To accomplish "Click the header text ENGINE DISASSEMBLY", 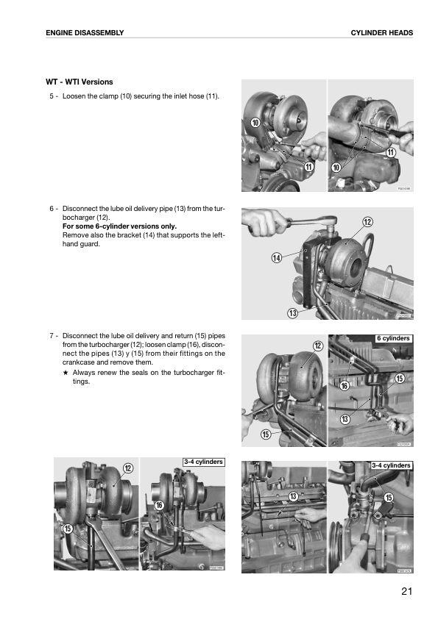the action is click(x=85, y=33).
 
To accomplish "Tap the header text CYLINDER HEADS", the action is click(x=382, y=33).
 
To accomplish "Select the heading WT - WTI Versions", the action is click(x=80, y=82).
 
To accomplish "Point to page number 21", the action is click(x=407, y=591).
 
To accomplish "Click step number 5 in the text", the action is click(x=52, y=96).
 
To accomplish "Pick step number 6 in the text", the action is click(x=52, y=209).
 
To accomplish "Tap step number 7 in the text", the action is click(x=52, y=336).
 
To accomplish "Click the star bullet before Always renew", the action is click(x=66, y=372).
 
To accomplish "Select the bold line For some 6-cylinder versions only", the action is click(x=119, y=226).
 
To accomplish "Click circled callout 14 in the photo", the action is click(x=277, y=258).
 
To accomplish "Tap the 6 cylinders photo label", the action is click(x=393, y=338).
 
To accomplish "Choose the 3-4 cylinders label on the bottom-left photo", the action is click(x=204, y=462).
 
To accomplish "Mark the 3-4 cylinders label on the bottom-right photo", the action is click(x=391, y=465).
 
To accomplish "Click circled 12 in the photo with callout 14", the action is click(x=367, y=222).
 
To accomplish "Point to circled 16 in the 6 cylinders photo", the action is click(x=345, y=386).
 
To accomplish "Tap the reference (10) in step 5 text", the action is click(x=126, y=96).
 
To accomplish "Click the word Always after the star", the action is click(x=84, y=372).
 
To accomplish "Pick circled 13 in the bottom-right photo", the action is click(x=293, y=496).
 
